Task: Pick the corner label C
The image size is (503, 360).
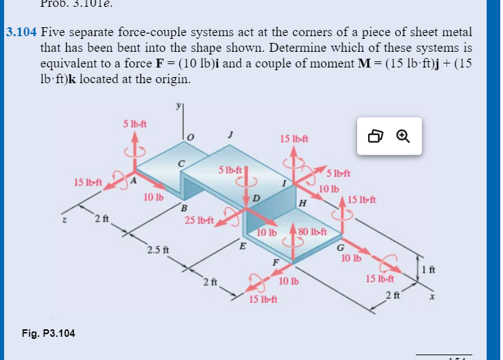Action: coord(181,164)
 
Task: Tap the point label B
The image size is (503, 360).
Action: coord(183,207)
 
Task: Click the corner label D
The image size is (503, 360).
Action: coord(256,198)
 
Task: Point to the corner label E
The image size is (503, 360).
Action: coord(242,247)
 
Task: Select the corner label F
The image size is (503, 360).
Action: coord(275,262)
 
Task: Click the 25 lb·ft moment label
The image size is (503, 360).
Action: coord(199,220)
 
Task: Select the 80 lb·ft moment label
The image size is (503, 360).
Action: coord(313,232)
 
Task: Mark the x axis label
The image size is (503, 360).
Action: coord(431,297)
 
